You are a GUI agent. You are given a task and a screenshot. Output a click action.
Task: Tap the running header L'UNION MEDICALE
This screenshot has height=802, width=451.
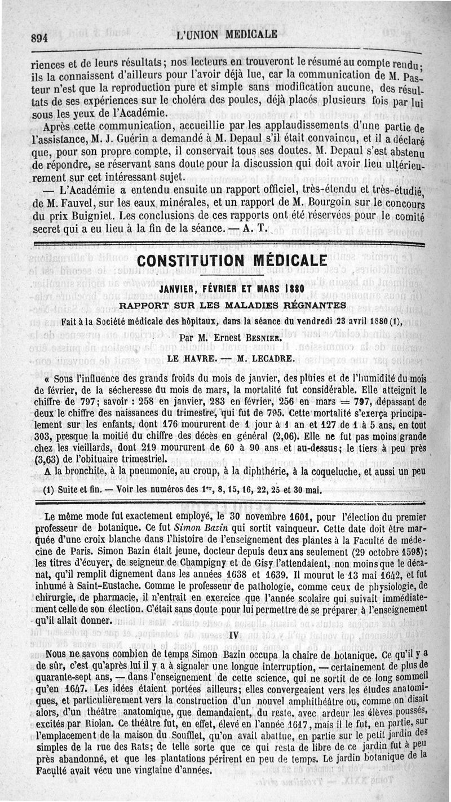pyautogui.click(x=227, y=34)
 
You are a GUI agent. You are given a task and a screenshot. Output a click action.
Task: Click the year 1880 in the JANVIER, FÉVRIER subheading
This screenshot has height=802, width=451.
pyautogui.click(x=294, y=289)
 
